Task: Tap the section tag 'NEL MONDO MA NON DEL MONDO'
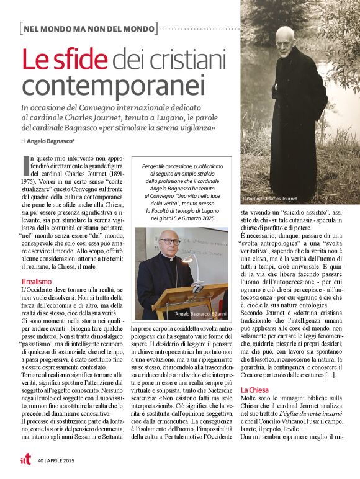(x=88, y=27)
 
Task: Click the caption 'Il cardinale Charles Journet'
(x=271, y=199)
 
